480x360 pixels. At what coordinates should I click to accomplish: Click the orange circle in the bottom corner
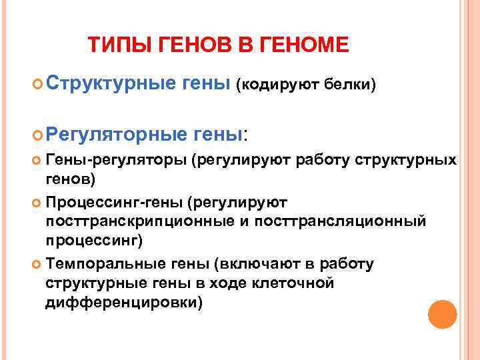pos(441,315)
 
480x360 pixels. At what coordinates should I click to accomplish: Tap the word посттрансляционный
pos(346,221)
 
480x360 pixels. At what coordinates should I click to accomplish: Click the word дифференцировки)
pos(123,302)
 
